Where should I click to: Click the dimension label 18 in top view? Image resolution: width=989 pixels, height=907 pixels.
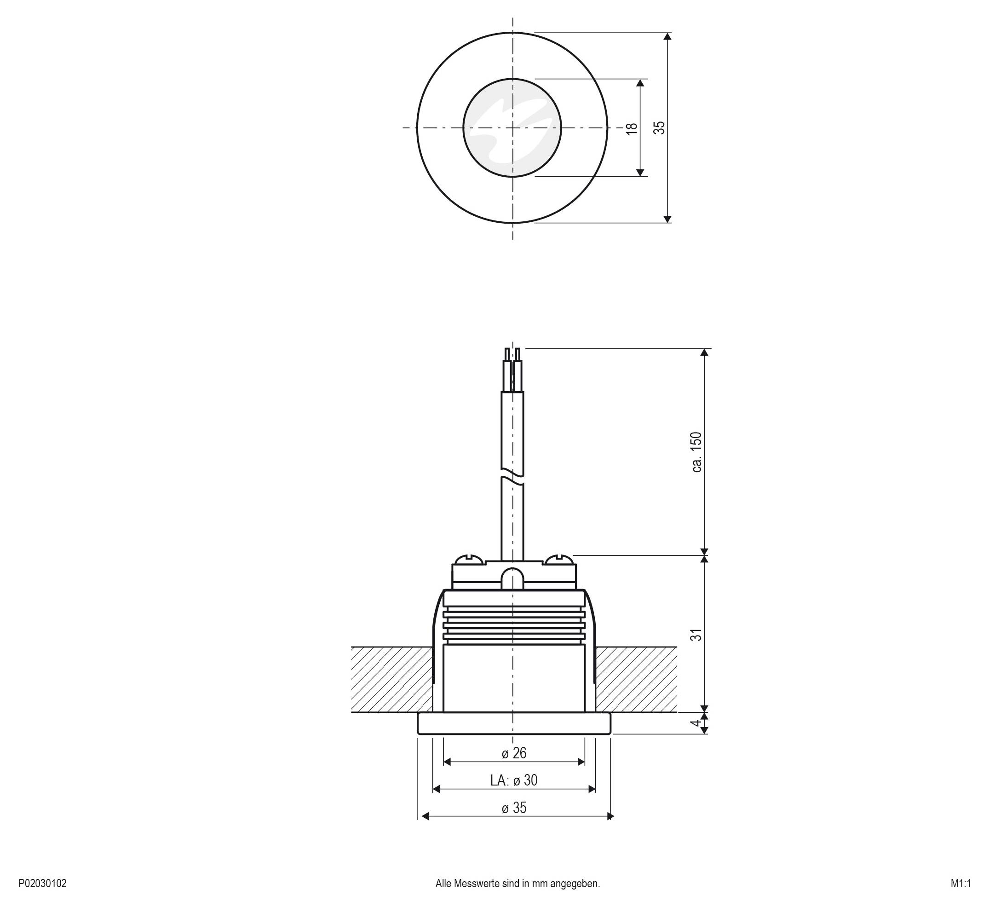pos(632,127)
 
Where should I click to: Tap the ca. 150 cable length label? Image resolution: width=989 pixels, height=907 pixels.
pos(696,452)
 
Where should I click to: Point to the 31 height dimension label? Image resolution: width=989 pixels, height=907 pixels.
pos(696,635)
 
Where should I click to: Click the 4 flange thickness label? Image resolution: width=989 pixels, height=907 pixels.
pos(695,723)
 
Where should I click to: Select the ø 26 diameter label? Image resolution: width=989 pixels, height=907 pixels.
pos(514,753)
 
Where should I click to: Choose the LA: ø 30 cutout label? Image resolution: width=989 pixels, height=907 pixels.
pos(514,780)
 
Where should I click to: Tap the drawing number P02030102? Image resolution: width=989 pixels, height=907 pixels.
pos(42,884)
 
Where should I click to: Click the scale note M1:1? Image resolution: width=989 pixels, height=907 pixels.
pos(960,884)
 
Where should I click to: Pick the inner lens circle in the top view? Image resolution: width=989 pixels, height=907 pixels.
pos(512,127)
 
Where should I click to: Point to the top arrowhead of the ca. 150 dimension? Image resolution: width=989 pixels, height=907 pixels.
pos(704,352)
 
